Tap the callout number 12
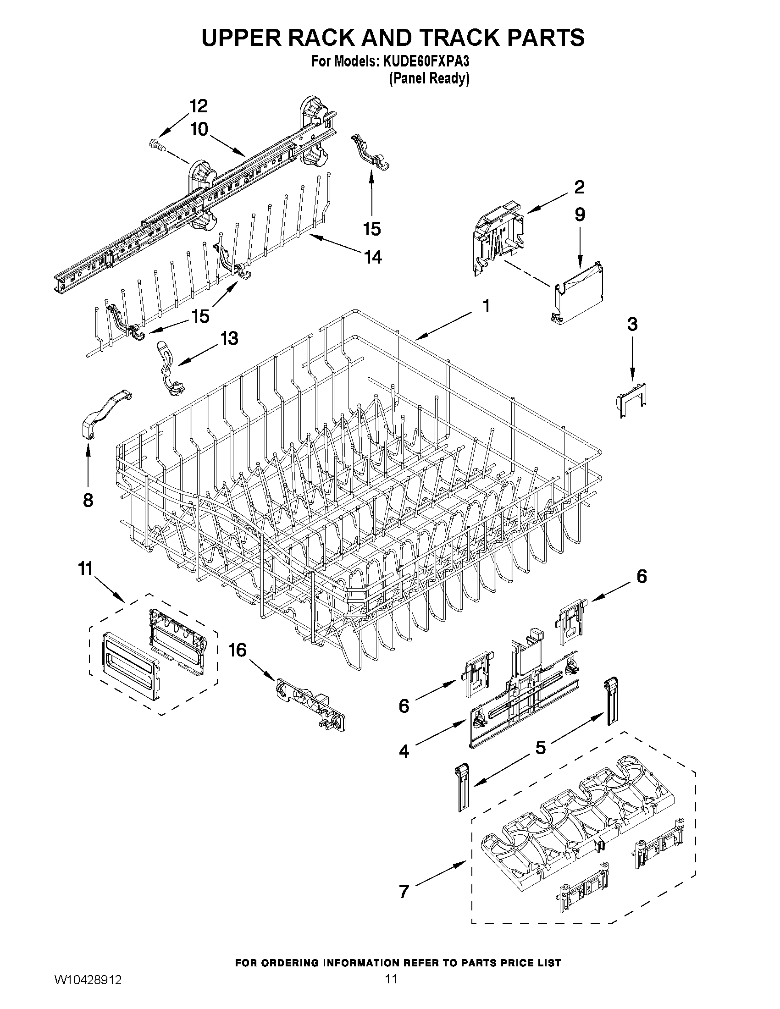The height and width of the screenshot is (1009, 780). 198,106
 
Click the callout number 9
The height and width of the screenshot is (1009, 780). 580,215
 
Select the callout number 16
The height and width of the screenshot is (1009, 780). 238,651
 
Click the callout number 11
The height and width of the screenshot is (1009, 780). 85,568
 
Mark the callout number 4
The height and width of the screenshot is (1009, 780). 404,751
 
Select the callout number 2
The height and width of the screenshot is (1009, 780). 579,187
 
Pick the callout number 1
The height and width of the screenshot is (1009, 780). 486,305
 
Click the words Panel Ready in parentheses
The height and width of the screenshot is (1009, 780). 429,78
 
